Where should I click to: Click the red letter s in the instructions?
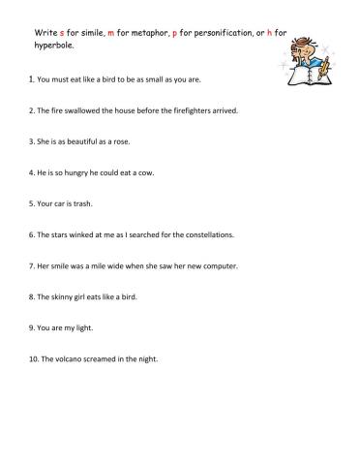point(62,32)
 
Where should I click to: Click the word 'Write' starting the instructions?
point(44,32)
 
